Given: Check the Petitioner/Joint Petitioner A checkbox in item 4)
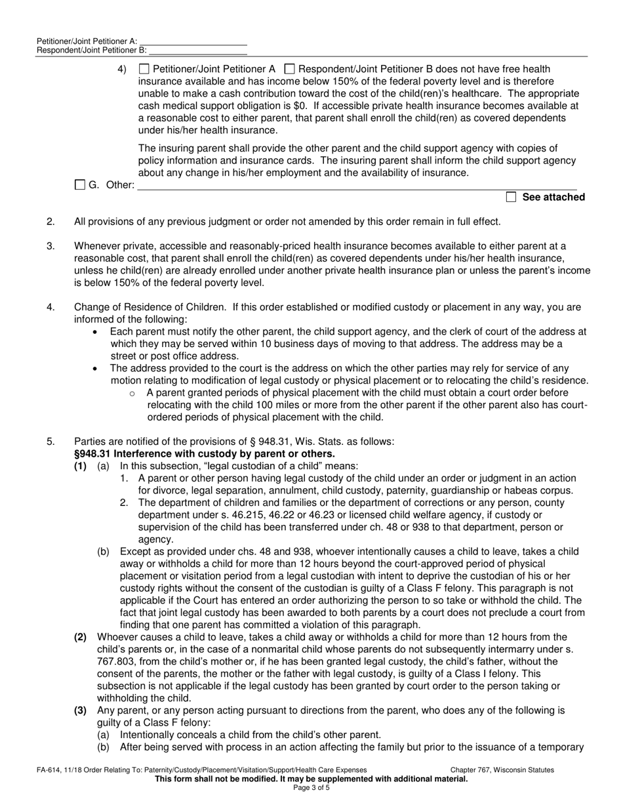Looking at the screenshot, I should [x=145, y=69].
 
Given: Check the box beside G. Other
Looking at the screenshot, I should [x=80, y=185].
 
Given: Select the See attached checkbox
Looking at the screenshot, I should [x=512, y=197].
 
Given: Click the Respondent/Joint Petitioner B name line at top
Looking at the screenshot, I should [x=197, y=50].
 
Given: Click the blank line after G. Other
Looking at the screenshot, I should [x=357, y=186].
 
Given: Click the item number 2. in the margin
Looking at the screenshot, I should [x=50, y=222].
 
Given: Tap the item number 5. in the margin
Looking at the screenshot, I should [x=50, y=442].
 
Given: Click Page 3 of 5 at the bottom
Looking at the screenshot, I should [x=311, y=788].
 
